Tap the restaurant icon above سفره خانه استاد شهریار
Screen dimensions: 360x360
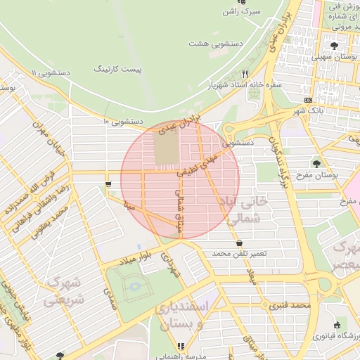(x=245, y=73)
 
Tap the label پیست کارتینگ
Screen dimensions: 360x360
(x=117, y=70)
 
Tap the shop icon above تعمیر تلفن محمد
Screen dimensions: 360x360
(x=240, y=243)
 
